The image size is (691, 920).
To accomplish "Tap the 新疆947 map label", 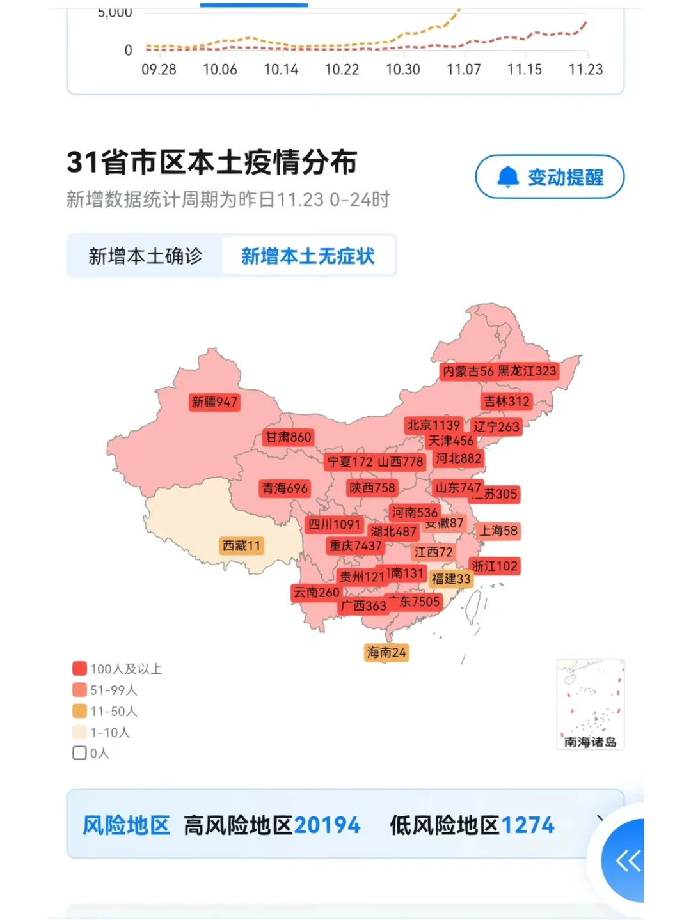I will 214,402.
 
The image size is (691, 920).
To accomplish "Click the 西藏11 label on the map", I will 242,546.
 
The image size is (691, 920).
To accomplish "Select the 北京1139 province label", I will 433,425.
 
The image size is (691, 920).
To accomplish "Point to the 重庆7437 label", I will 355,546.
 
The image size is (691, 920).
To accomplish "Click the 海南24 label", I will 386,653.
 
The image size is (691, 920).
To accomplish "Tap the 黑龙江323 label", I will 527,371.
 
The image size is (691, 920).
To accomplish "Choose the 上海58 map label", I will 498,531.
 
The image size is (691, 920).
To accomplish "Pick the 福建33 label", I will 451,579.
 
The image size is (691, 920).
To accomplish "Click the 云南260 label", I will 316,593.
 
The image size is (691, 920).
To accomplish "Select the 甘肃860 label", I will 289,437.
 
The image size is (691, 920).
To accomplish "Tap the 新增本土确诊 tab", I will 145,256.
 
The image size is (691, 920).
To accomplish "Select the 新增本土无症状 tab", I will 308,256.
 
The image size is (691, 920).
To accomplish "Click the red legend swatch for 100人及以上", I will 79,669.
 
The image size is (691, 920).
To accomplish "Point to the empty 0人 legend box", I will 79,753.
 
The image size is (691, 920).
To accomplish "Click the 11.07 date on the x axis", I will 463,70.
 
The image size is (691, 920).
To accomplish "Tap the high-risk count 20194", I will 327,825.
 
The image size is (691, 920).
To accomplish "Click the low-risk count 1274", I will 527,825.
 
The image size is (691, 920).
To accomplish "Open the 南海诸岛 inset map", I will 590,703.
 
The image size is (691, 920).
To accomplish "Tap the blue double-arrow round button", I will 626,861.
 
